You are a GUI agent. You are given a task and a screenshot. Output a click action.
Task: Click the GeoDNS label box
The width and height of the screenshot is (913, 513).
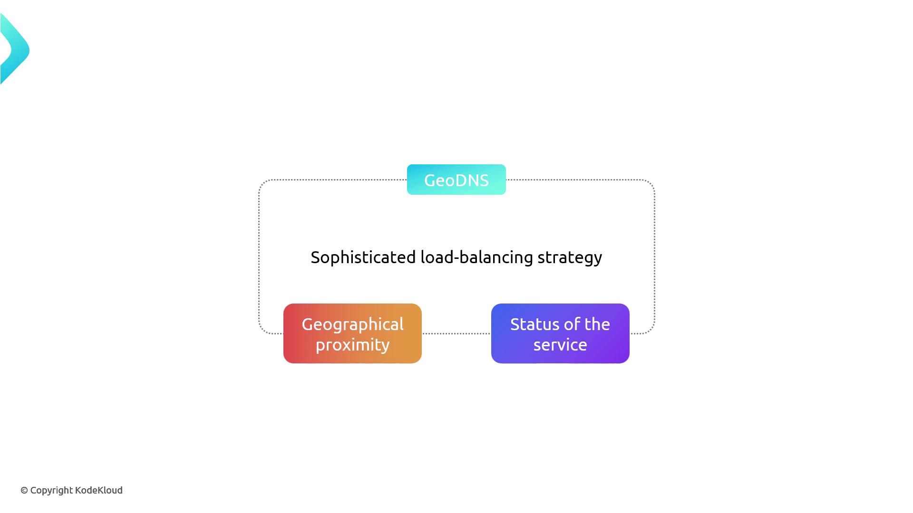[456, 180]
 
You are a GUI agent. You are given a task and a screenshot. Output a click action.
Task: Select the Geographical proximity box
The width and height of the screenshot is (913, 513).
[352, 333]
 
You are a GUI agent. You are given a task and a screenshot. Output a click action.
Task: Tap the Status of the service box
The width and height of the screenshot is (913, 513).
[560, 333]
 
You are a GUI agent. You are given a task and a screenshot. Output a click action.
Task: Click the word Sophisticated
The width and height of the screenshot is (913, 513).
[363, 257]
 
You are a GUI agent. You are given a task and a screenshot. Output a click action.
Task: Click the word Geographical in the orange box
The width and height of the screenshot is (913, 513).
[352, 324]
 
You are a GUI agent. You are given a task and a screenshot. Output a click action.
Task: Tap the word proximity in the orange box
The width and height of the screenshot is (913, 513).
[352, 345]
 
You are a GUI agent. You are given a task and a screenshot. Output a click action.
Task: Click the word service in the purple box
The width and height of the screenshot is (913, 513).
[560, 345]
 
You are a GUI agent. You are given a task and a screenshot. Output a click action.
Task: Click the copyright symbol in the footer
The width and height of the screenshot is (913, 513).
[24, 490]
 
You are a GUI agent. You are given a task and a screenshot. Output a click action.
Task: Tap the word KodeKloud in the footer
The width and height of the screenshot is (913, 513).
[99, 490]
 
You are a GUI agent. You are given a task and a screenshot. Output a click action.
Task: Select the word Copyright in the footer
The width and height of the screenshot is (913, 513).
[51, 491]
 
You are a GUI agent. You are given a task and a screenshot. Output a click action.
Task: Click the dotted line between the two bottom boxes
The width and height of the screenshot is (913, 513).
[456, 333]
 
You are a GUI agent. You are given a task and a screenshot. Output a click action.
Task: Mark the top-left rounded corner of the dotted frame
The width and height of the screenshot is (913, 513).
[263, 184]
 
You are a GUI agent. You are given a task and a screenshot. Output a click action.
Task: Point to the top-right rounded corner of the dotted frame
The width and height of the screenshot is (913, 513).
[651, 184]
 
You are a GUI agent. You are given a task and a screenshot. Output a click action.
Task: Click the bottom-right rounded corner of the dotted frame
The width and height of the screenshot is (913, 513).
[651, 330]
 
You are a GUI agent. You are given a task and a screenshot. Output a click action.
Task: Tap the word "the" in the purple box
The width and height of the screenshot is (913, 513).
[597, 324]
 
